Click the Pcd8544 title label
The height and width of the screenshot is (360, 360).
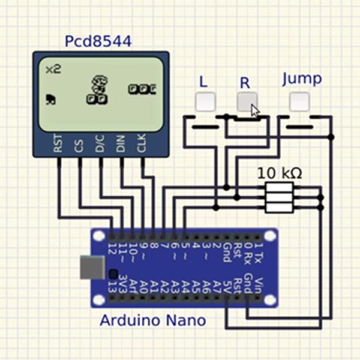click(x=98, y=42)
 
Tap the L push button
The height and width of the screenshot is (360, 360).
click(x=205, y=101)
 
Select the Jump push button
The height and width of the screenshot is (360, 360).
click(x=299, y=101)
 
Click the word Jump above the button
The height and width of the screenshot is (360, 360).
click(x=302, y=79)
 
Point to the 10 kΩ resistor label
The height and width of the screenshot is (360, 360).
click(x=280, y=173)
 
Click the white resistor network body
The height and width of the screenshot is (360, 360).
click(x=280, y=197)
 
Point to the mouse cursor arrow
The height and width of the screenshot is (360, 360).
click(x=255, y=110)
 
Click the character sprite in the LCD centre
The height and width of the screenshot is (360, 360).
click(x=98, y=88)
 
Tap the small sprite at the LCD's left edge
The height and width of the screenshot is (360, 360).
click(x=51, y=100)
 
